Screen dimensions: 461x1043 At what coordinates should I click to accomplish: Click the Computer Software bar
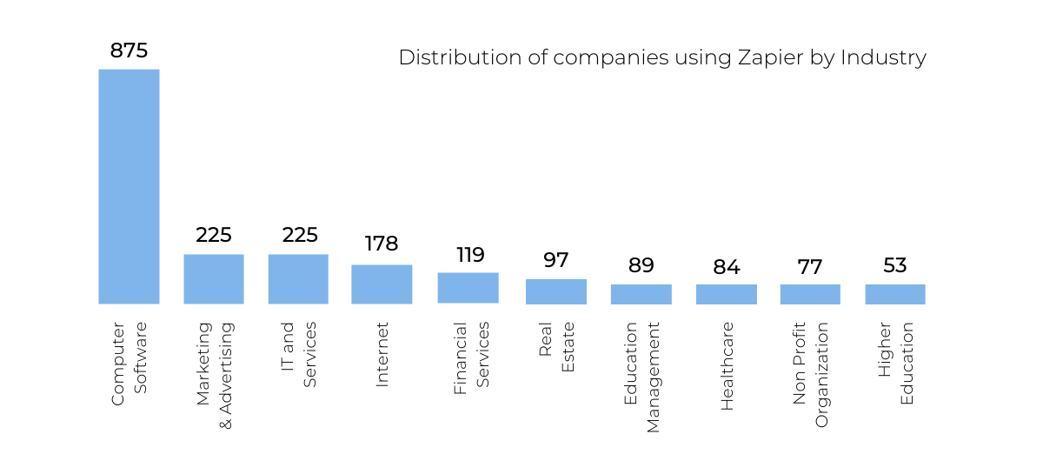129,186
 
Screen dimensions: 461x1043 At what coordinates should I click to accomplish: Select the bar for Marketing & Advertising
214,279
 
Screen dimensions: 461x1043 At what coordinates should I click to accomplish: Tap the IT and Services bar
298,279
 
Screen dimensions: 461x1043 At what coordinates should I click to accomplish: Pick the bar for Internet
382,284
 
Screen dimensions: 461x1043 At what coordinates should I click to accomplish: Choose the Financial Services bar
468,288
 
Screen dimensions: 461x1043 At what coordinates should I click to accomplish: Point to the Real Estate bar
556,291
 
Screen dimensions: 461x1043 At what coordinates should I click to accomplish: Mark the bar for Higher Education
895,294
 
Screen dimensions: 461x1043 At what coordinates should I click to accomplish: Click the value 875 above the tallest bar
129,50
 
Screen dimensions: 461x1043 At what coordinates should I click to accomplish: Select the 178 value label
382,244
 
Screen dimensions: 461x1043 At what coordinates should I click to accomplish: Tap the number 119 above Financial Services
470,255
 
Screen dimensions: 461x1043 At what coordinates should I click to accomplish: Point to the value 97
555,259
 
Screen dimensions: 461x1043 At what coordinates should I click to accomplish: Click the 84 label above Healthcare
727,267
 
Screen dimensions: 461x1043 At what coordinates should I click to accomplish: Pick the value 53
895,265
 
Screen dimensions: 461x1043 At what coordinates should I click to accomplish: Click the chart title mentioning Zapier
662,57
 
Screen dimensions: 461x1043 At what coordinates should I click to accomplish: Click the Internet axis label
382,354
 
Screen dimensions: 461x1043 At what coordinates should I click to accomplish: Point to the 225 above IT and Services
300,235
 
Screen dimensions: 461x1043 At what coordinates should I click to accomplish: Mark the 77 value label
811,266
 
